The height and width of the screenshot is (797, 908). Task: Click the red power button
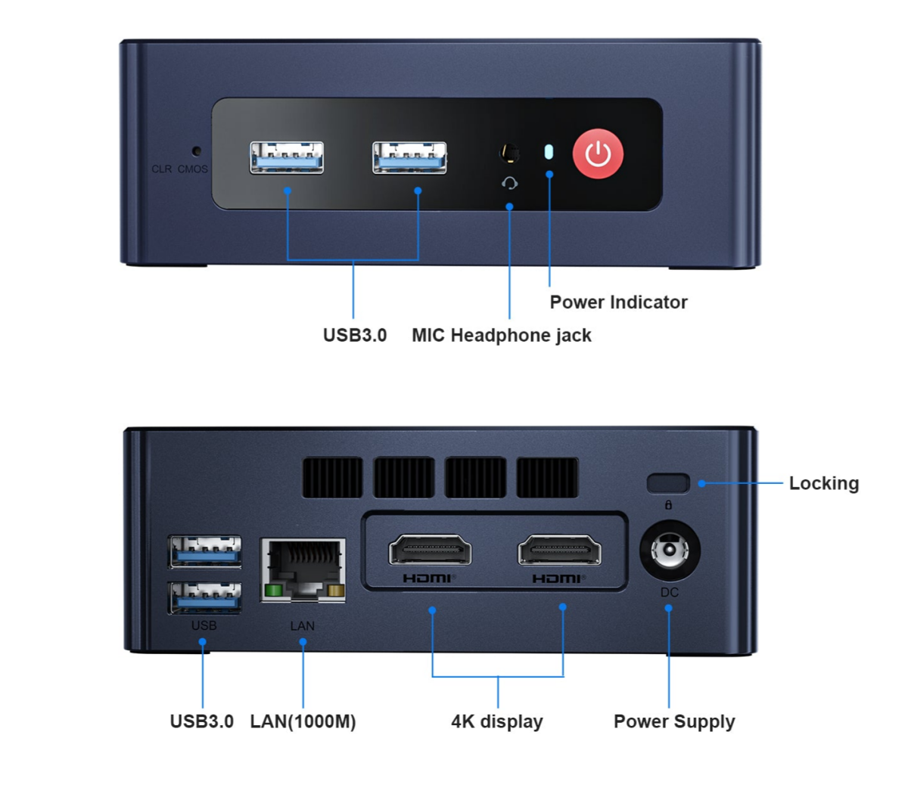tap(598, 154)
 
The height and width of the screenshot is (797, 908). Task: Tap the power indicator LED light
tap(549, 152)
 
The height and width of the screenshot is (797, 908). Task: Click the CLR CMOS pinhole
tap(197, 150)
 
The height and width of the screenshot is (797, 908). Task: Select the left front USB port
tap(287, 157)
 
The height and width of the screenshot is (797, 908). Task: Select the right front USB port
tap(409, 157)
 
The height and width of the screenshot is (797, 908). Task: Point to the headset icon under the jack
tap(509, 183)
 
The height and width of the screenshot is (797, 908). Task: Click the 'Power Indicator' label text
tap(618, 302)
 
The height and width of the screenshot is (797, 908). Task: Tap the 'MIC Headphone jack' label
tap(501, 336)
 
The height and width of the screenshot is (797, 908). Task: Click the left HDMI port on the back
tap(430, 550)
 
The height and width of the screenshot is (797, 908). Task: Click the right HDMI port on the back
tap(559, 550)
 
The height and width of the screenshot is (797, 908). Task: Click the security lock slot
tap(668, 482)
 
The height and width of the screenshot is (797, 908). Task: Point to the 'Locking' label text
tap(823, 483)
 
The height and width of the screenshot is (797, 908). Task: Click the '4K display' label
tap(496, 721)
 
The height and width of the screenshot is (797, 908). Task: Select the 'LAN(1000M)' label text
tap(303, 721)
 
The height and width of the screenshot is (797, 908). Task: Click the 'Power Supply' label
tap(673, 721)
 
